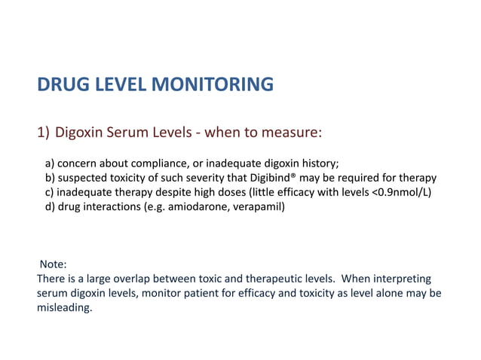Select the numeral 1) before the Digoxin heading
pyautogui.click(x=43, y=133)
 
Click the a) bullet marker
pyautogui.click(x=51, y=163)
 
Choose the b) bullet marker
pyautogui.click(x=51, y=178)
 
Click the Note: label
pyautogui.click(x=53, y=264)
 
